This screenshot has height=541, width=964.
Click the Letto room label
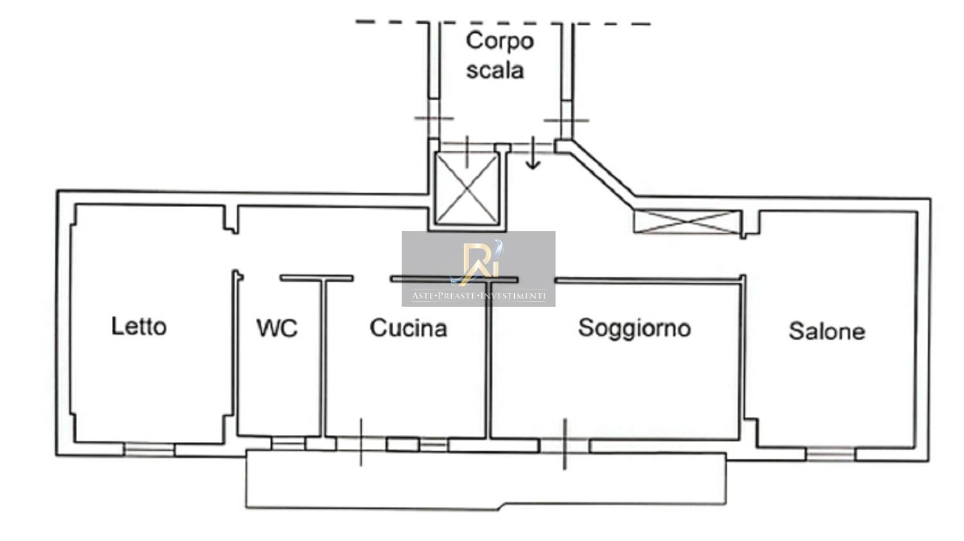(x=139, y=326)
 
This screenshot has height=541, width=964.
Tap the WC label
(x=277, y=328)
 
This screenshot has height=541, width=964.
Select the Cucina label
(x=408, y=328)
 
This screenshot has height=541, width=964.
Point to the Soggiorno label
(x=634, y=328)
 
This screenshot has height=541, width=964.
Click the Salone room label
(x=826, y=331)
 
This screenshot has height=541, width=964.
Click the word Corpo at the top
(x=499, y=41)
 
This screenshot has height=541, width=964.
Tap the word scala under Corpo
(x=495, y=70)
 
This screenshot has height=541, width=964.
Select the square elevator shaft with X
(x=467, y=188)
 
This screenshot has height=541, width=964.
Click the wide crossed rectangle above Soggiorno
(x=687, y=222)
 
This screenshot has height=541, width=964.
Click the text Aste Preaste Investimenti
(x=479, y=296)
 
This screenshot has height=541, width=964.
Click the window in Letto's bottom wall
(x=149, y=449)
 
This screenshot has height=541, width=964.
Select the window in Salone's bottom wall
(x=830, y=454)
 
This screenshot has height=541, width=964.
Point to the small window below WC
(x=288, y=443)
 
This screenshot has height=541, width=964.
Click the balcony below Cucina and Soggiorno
(x=486, y=479)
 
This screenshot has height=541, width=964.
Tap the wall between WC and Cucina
(x=323, y=357)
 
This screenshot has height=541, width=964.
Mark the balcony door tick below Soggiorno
(x=564, y=444)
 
